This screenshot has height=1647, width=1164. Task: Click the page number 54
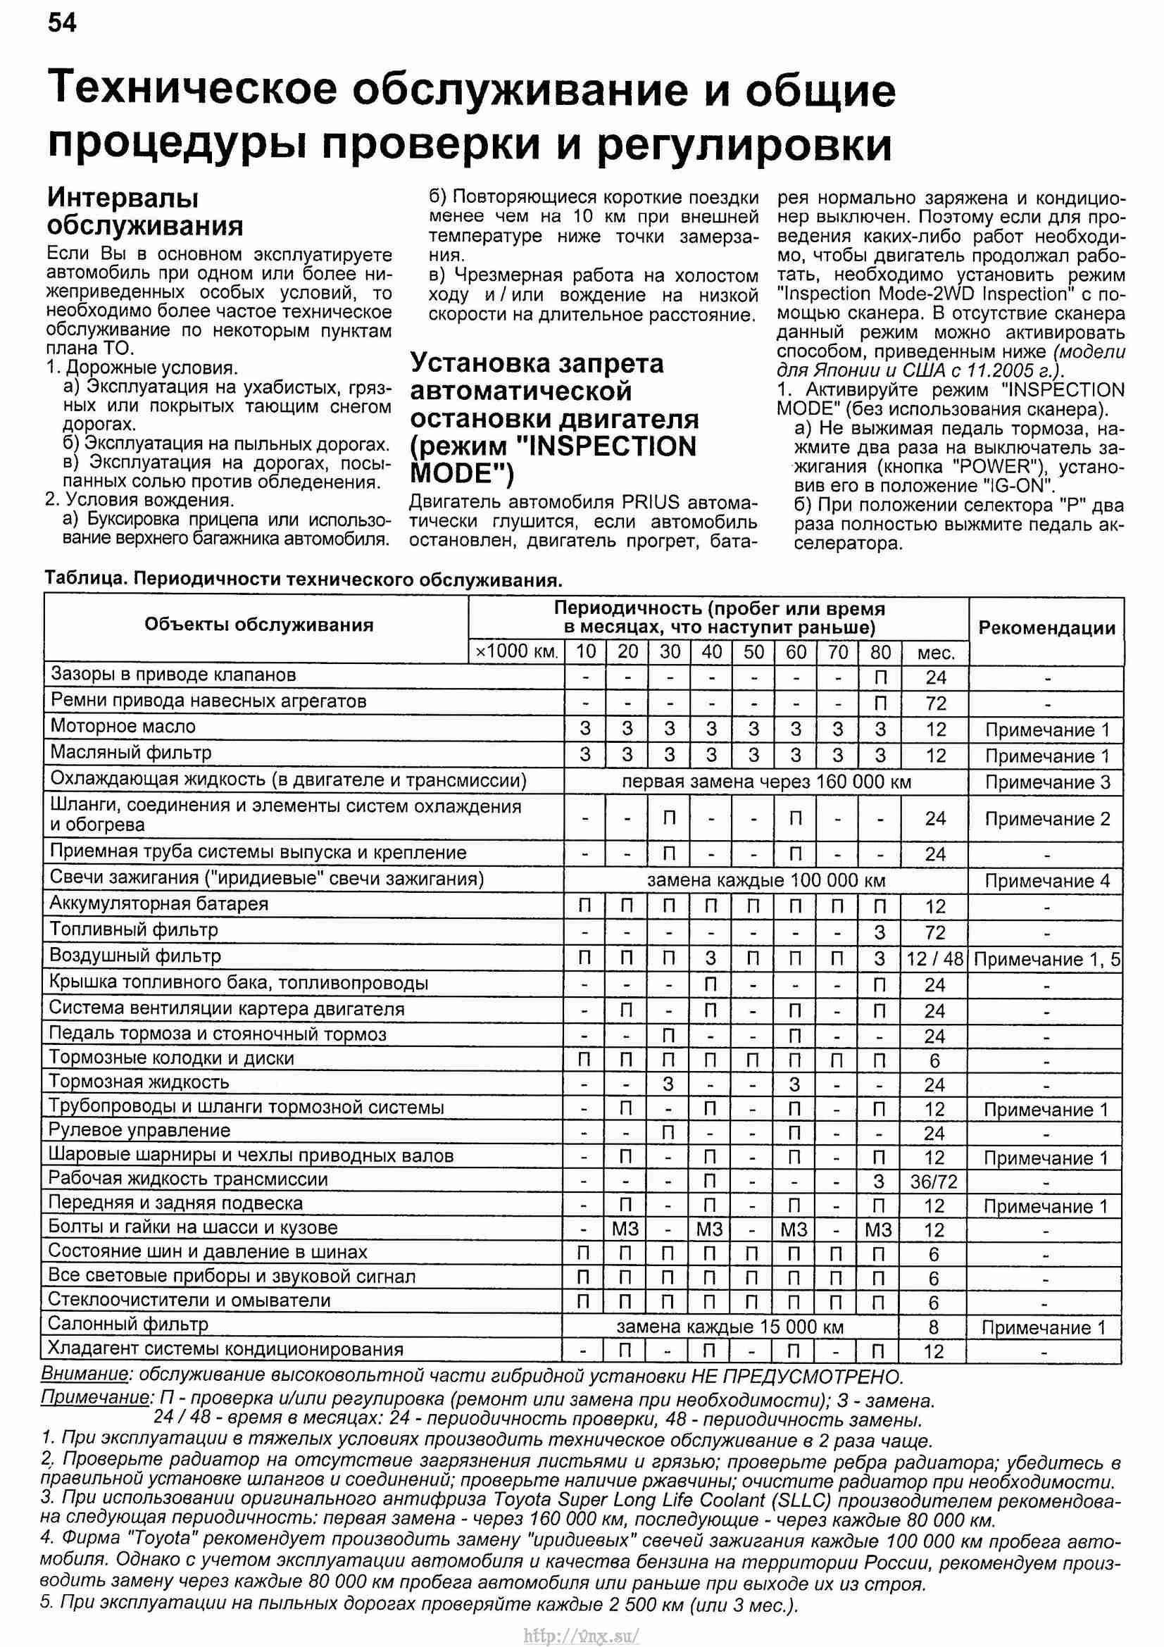62,24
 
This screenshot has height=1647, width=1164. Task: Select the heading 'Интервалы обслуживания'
145,212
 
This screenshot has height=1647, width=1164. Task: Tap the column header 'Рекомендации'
1046,628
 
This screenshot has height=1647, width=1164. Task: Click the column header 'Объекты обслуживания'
259,625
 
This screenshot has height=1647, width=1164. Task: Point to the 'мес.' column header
936,653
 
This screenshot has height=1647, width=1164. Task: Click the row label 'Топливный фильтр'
133,930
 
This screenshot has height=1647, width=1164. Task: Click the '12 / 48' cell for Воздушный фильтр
935,959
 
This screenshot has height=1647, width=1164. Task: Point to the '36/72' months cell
934,1182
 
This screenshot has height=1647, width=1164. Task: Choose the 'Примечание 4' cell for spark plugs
1046,881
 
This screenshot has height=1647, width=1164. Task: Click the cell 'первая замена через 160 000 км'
766,782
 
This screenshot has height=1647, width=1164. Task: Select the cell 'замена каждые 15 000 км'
730,1327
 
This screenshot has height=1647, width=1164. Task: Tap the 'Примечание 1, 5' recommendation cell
1046,959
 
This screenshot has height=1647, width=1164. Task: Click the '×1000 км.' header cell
516,652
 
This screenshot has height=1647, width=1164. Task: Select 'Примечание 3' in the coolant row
1046,782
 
